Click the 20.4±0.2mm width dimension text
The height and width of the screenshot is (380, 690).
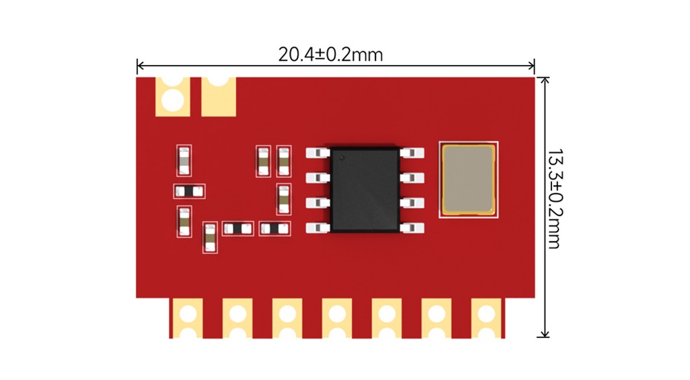pyautogui.click(x=331, y=54)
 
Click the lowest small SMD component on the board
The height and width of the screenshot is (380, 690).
pyautogui.click(x=210, y=238)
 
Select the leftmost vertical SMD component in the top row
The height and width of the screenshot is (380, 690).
pyautogui.click(x=184, y=161)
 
